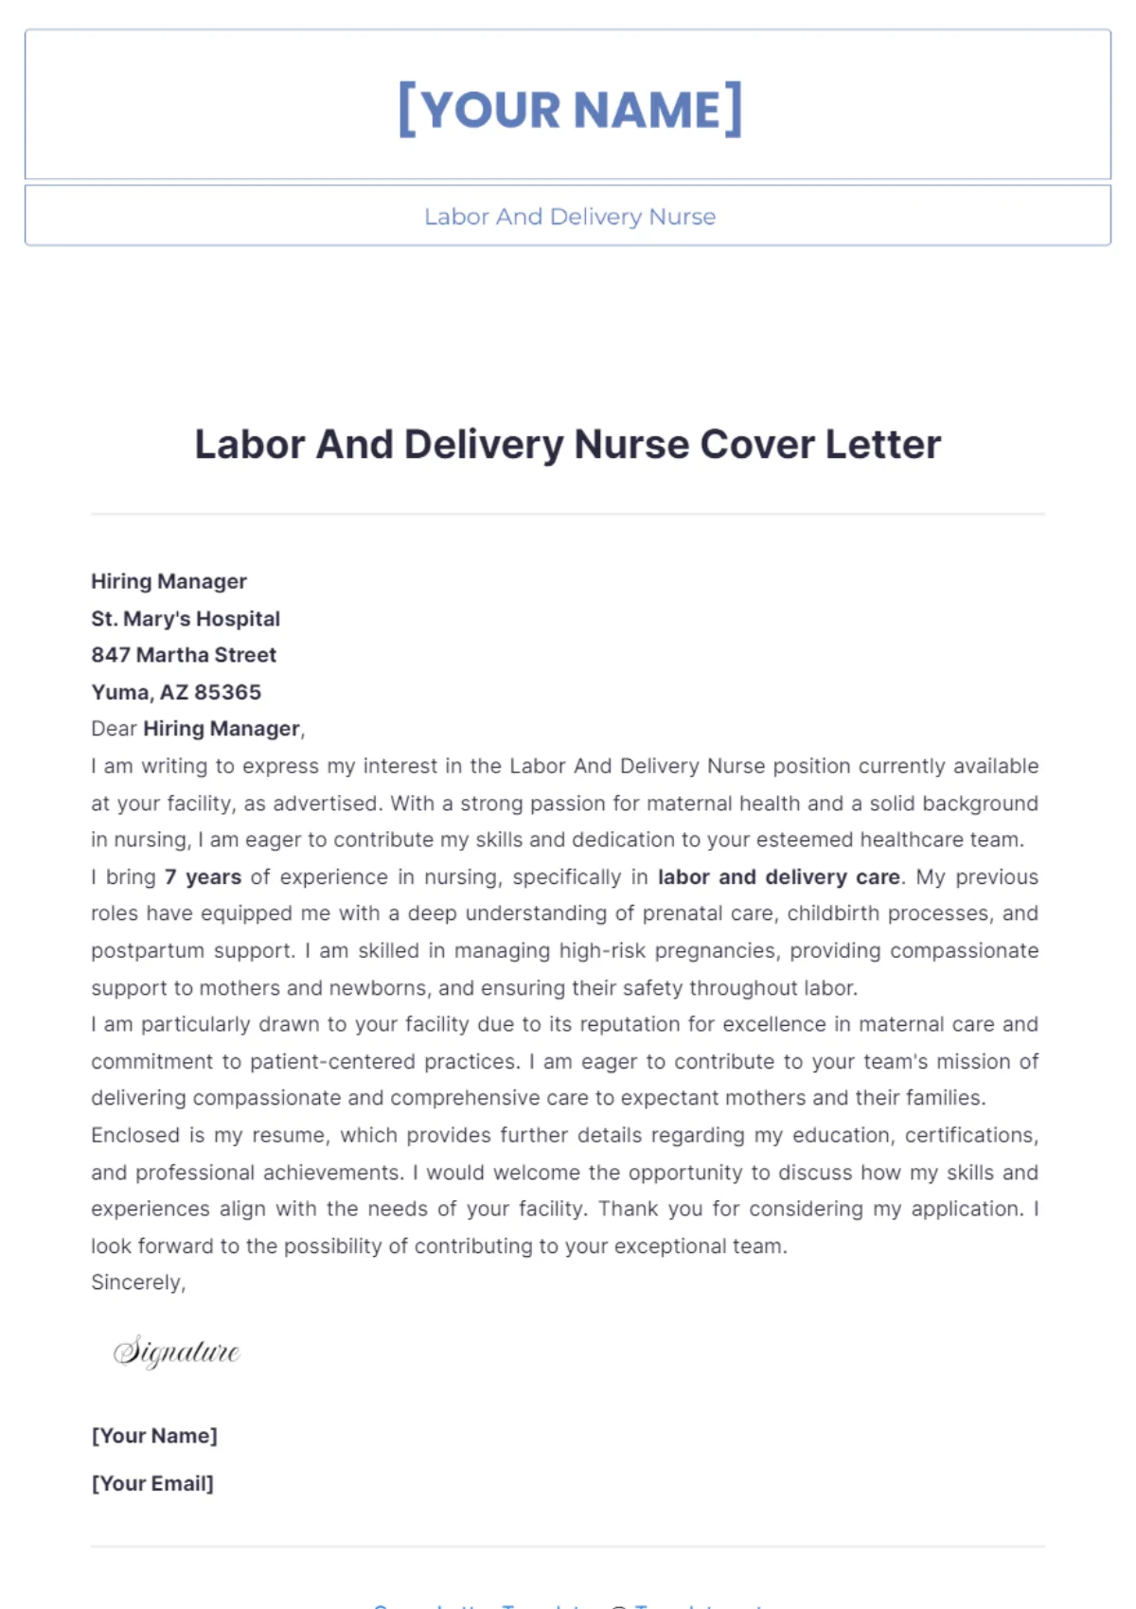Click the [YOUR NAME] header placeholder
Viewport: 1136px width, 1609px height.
tap(570, 110)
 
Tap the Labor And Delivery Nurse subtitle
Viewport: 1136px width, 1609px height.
tap(570, 217)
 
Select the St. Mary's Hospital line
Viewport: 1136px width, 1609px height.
tap(186, 618)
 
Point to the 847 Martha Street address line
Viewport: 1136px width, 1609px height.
tap(184, 655)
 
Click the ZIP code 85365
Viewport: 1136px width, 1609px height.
tap(227, 692)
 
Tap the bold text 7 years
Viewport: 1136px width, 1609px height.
tap(203, 876)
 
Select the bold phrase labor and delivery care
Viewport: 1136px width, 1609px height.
tap(778, 876)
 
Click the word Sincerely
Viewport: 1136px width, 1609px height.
tap(137, 1282)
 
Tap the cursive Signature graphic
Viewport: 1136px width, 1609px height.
tap(177, 1351)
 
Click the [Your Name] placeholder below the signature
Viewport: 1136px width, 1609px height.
tap(154, 1436)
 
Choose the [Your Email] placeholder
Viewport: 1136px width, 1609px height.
tap(152, 1483)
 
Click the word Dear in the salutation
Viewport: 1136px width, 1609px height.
tap(113, 729)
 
